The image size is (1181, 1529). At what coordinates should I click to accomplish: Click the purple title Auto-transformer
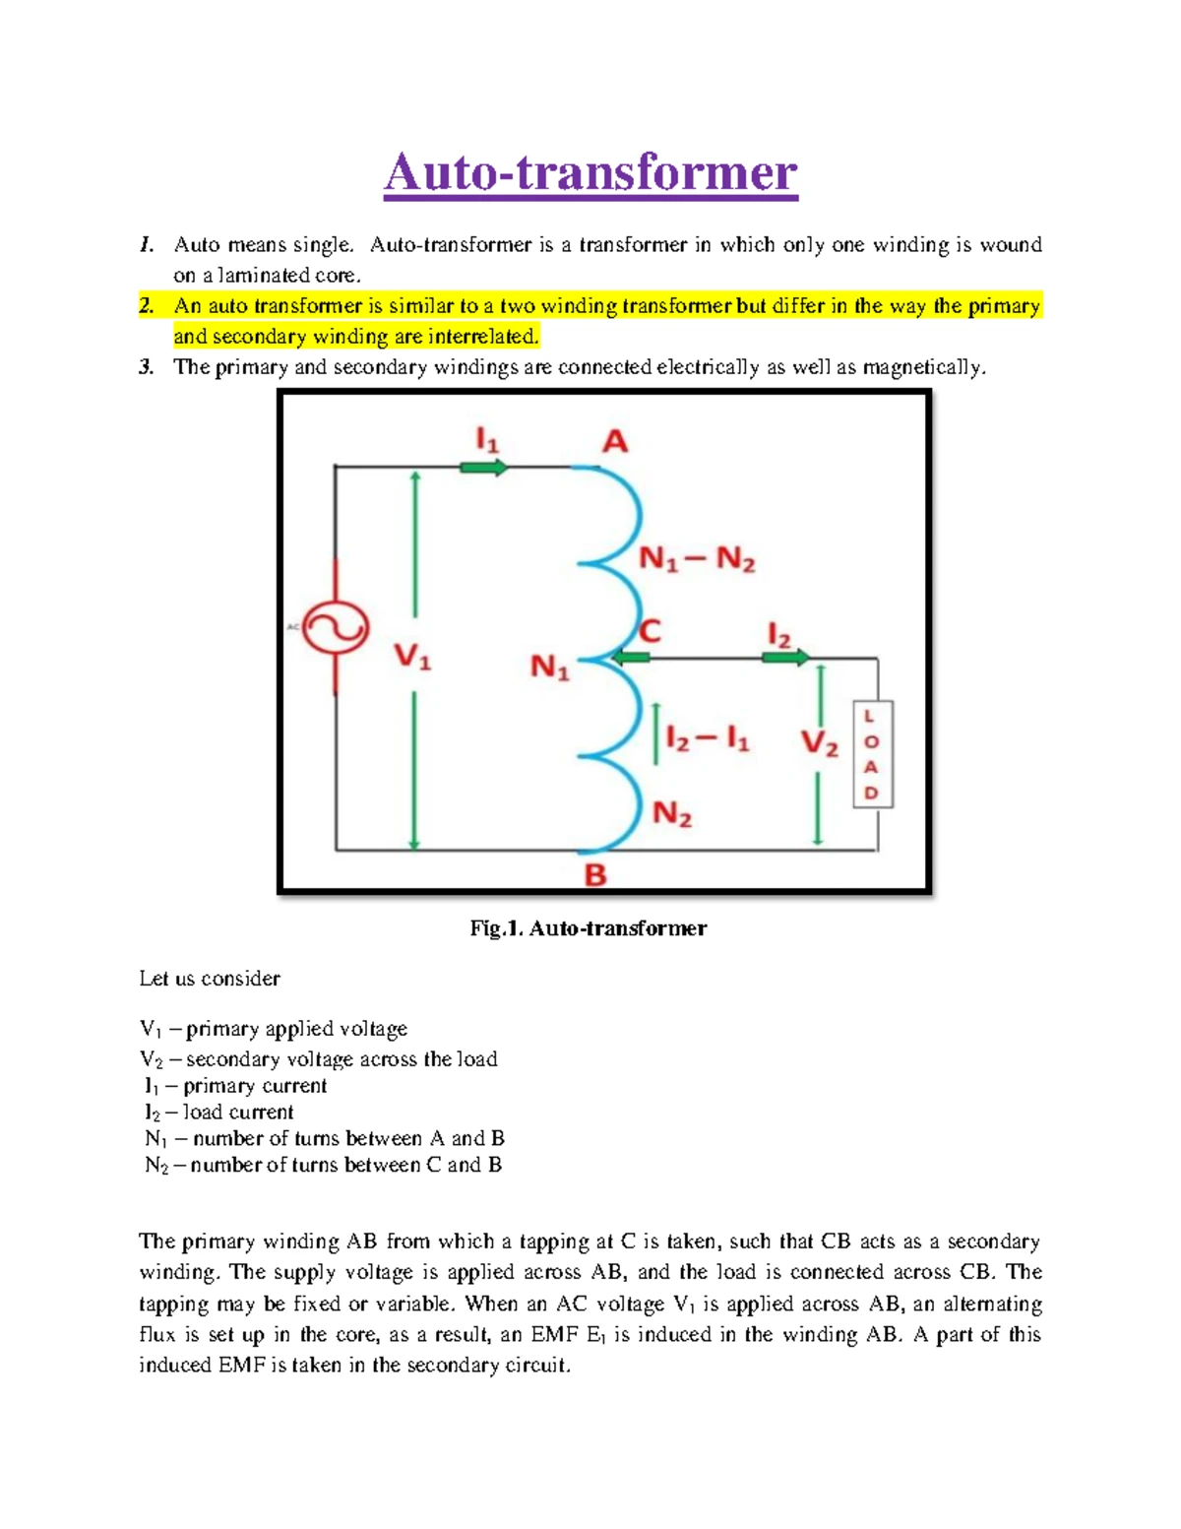(x=590, y=173)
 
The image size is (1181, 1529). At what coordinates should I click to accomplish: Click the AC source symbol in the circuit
(x=336, y=628)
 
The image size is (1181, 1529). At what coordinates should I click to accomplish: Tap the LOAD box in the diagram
(x=872, y=754)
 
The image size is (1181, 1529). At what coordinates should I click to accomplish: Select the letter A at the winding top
(x=615, y=441)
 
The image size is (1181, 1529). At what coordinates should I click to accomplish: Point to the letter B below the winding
(x=595, y=875)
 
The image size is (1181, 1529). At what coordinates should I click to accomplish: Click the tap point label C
(x=650, y=630)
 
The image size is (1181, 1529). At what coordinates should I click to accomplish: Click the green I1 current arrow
(x=483, y=467)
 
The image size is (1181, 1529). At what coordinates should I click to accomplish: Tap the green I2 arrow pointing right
(x=786, y=657)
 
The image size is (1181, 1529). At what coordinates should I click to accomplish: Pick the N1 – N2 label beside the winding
(x=697, y=559)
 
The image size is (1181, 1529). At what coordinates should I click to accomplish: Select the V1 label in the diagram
(x=412, y=656)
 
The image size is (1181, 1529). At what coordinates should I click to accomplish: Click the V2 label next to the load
(x=819, y=742)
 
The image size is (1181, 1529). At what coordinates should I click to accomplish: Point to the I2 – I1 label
(x=707, y=738)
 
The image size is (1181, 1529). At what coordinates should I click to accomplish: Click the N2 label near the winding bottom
(x=672, y=814)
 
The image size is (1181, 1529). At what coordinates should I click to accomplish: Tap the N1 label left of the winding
(x=550, y=669)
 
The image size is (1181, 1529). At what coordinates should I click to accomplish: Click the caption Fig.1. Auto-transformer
(x=589, y=928)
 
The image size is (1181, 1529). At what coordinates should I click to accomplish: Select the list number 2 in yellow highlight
(x=147, y=306)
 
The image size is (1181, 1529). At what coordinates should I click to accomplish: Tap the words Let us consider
(x=210, y=979)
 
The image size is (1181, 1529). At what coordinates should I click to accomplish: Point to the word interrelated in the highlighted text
(x=482, y=337)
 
